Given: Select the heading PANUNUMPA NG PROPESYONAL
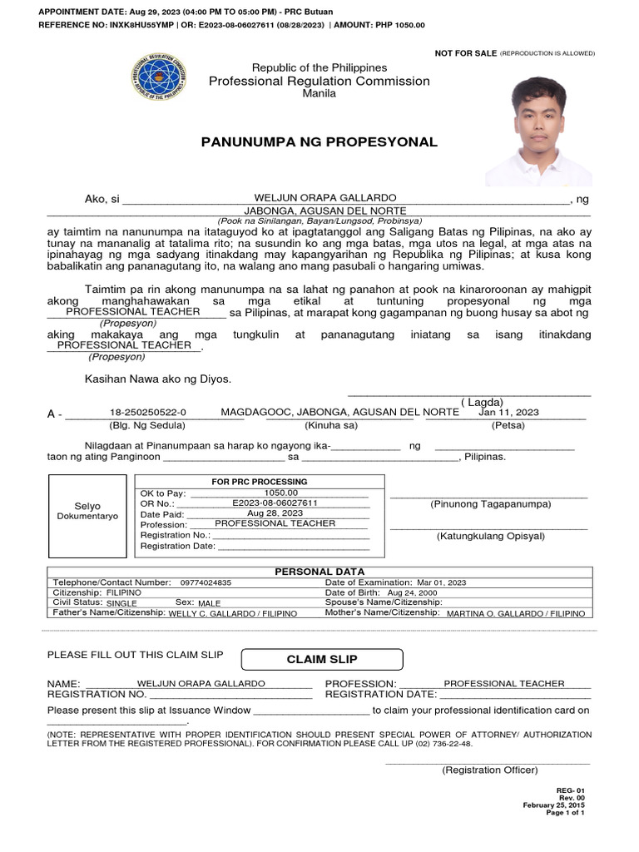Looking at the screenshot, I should (x=319, y=142).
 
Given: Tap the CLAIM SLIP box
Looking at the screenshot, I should (x=322, y=660).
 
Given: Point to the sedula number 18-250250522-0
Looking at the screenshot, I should (x=147, y=412).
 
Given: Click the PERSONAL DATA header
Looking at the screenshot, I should (x=319, y=572).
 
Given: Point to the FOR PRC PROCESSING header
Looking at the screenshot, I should (x=260, y=482).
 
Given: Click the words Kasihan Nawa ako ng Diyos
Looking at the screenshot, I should (x=158, y=379).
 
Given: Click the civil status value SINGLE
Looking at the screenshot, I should (x=121, y=603).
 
